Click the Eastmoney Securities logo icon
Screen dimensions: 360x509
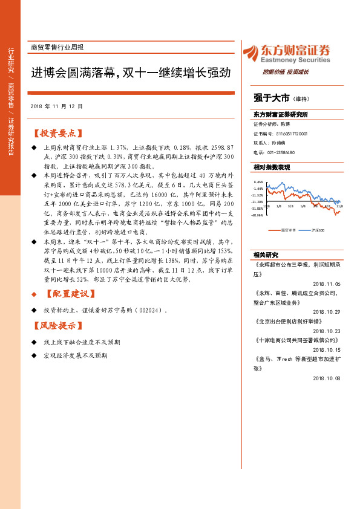pyautogui.click(x=252, y=53)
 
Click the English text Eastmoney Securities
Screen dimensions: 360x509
pyautogui.click(x=296, y=60)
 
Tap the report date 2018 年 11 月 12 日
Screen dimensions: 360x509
pyautogui.click(x=56, y=106)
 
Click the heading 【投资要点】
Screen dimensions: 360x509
pyautogui.click(x=58, y=133)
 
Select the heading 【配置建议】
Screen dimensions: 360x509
pyautogui.click(x=71, y=294)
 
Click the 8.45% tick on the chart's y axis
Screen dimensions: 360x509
pyautogui.click(x=258, y=181)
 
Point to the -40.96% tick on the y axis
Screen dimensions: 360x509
pyautogui.click(x=258, y=215)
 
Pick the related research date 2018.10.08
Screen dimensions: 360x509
pyautogui.click(x=327, y=378)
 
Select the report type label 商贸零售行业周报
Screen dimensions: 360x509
pyautogui.click(x=57, y=47)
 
